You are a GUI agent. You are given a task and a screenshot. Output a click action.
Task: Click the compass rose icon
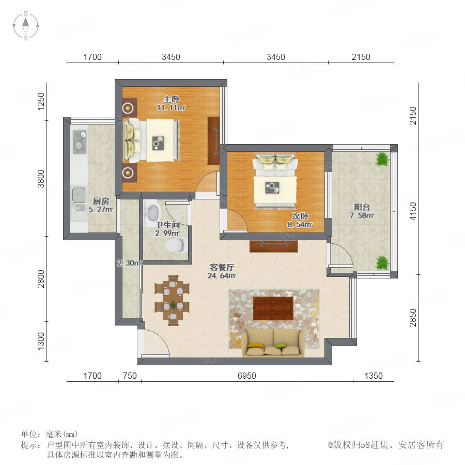(x=26, y=25)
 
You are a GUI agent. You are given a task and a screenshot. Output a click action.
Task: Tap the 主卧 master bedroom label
(x=171, y=103)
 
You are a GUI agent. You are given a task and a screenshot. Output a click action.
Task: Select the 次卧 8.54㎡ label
(x=300, y=220)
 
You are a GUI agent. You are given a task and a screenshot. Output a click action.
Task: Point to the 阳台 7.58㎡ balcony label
(x=362, y=211)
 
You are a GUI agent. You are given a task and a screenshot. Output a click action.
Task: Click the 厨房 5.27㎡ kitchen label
(x=101, y=205)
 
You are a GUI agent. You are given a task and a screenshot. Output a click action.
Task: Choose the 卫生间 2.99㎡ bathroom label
(x=167, y=229)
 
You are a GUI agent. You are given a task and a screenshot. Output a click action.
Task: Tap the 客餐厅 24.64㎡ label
(x=222, y=271)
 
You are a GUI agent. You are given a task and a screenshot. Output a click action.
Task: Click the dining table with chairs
(x=172, y=300)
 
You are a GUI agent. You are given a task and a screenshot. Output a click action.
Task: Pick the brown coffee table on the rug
(x=273, y=308)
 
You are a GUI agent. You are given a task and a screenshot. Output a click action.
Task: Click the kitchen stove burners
(x=80, y=142)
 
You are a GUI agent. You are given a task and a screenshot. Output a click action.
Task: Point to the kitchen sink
(x=79, y=199)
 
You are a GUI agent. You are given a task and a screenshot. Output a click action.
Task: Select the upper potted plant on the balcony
(x=382, y=159)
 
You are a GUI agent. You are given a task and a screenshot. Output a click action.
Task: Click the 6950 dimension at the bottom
(x=247, y=376)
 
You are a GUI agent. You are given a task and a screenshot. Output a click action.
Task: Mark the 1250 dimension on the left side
(x=41, y=101)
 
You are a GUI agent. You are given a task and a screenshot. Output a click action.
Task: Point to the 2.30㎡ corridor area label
(x=130, y=263)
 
